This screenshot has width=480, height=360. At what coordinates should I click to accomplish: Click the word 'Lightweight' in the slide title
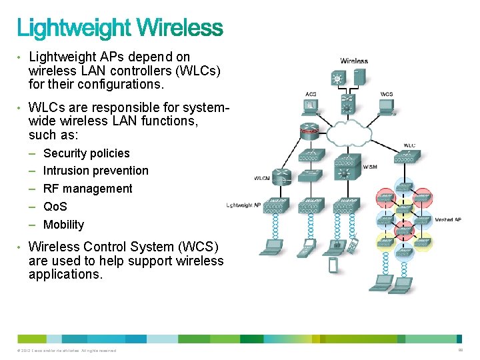[x=74, y=28]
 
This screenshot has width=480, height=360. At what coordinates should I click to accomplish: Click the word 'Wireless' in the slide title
[x=180, y=28]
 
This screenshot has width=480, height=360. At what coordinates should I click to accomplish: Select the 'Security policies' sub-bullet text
[x=87, y=153]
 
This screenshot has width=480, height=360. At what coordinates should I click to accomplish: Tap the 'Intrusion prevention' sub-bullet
[x=96, y=171]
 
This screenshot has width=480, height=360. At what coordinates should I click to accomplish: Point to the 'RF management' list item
[x=88, y=189]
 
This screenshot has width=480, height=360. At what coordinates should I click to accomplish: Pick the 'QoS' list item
[x=55, y=207]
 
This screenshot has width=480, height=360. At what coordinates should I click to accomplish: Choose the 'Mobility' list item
[x=64, y=225]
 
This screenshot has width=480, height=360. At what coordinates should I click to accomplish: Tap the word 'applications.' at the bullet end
[x=66, y=274]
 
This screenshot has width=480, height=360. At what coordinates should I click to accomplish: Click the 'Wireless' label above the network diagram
[x=354, y=61]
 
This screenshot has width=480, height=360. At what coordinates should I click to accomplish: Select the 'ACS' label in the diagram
[x=311, y=94]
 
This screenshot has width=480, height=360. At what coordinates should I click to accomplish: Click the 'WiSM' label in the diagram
[x=371, y=167]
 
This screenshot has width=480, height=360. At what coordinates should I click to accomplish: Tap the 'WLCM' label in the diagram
[x=262, y=178]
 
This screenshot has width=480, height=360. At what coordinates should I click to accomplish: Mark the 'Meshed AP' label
[x=447, y=219]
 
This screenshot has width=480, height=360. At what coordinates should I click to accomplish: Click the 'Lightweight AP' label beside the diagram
[x=243, y=205]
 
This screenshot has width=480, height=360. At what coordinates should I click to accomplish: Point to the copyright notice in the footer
[x=67, y=351]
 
